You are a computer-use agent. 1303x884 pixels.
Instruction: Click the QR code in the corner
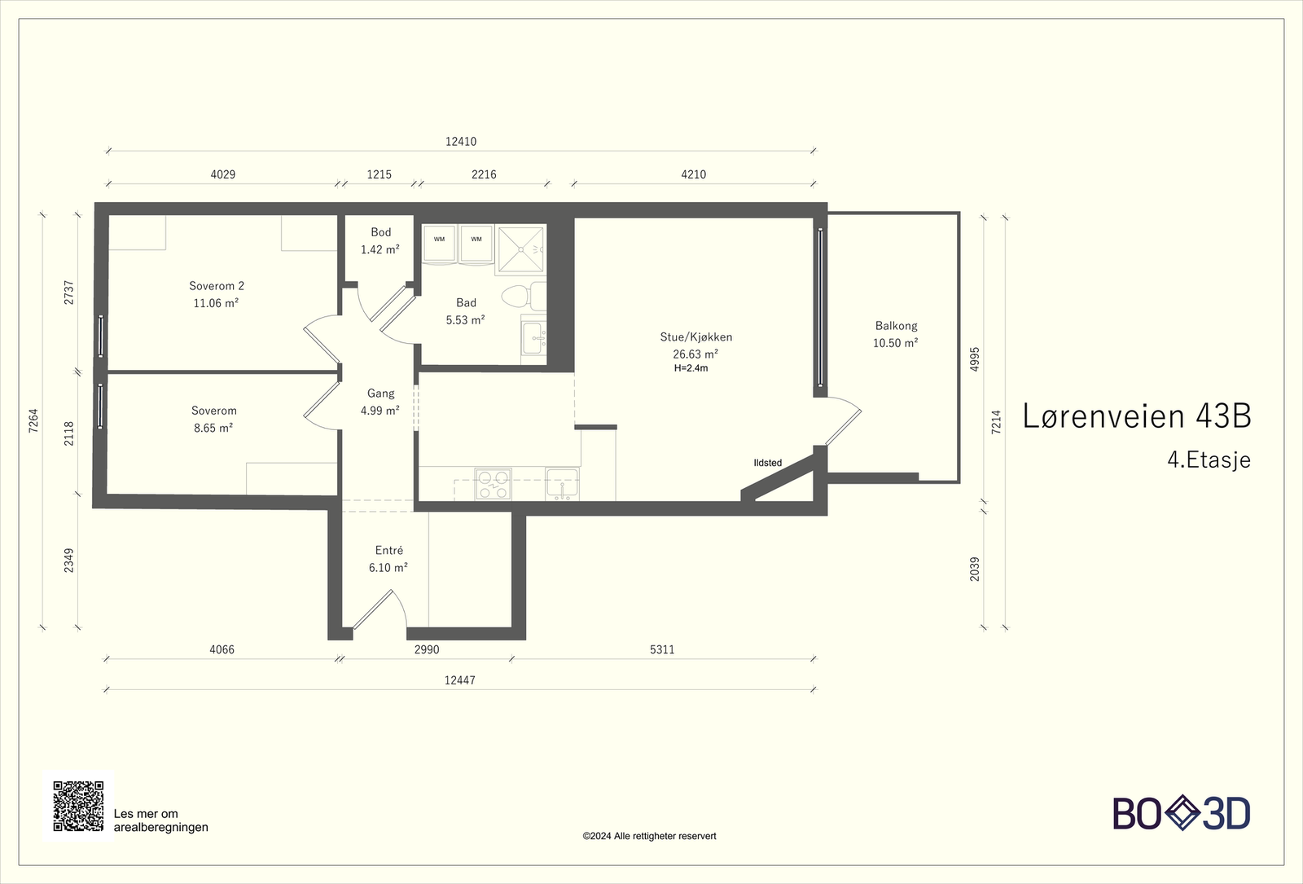click(78, 806)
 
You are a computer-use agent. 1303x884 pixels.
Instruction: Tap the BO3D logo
click(1182, 813)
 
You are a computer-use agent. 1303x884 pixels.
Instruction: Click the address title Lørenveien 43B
click(1137, 416)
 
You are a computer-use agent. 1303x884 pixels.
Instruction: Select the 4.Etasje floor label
click(1209, 460)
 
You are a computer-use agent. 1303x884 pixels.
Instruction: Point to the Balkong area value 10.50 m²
click(895, 343)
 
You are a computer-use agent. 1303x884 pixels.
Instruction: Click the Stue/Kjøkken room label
click(695, 337)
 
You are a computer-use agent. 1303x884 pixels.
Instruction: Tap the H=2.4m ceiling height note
click(691, 367)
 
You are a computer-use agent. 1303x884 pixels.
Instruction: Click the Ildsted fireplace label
click(768, 463)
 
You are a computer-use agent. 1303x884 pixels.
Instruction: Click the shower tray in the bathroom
click(521, 249)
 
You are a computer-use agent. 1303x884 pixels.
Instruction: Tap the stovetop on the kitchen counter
click(493, 484)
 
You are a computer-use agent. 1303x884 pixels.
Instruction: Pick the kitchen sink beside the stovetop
click(562, 484)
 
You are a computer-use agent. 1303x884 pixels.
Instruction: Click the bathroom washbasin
click(534, 338)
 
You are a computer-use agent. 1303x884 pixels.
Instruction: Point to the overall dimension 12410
click(461, 142)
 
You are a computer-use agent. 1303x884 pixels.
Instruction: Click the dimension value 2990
click(427, 649)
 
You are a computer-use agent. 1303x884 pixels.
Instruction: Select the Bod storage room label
click(381, 232)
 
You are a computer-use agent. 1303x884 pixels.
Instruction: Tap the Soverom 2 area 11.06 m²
click(216, 303)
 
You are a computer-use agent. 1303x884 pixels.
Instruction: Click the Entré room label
click(389, 550)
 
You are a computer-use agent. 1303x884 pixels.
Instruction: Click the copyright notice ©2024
click(649, 836)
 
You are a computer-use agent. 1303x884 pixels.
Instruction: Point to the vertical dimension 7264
click(33, 420)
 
